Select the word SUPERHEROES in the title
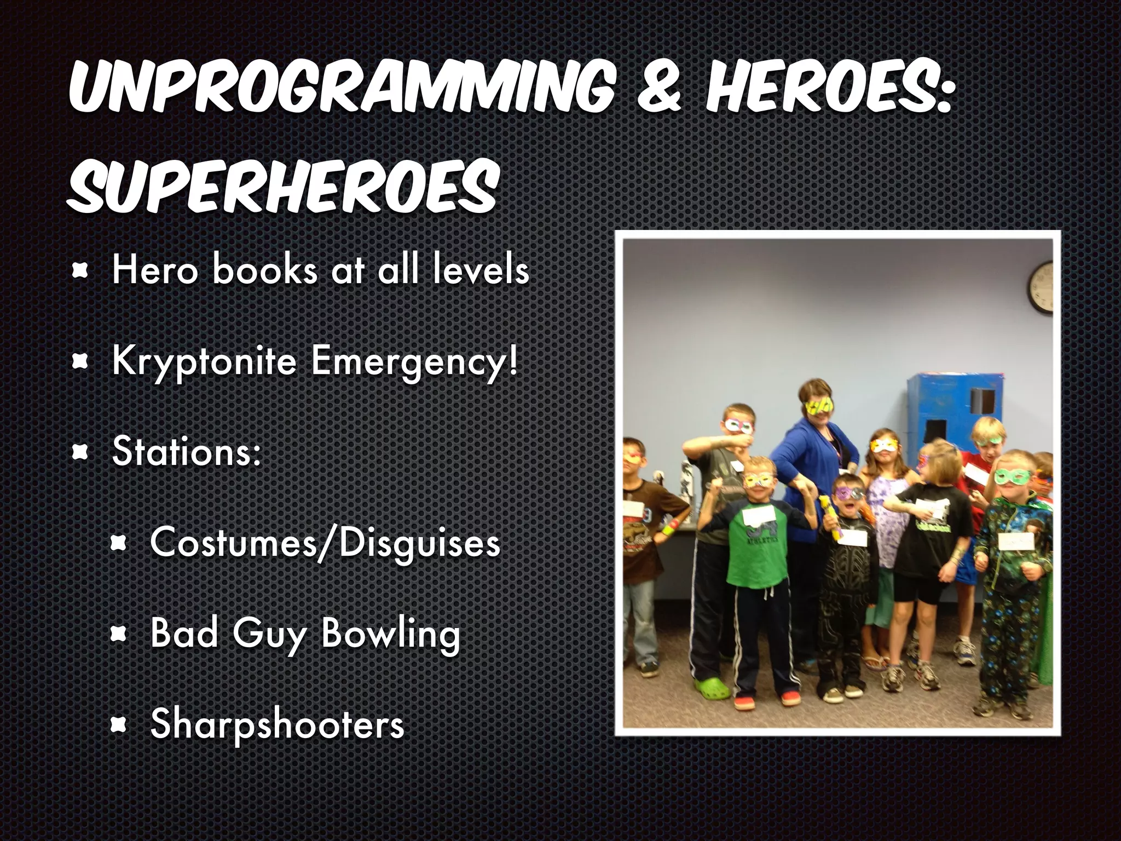282,186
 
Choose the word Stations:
187,452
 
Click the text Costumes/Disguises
325,543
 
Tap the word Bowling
390,633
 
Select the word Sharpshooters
277,724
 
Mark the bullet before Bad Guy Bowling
119,634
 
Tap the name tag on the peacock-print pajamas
1016,542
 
